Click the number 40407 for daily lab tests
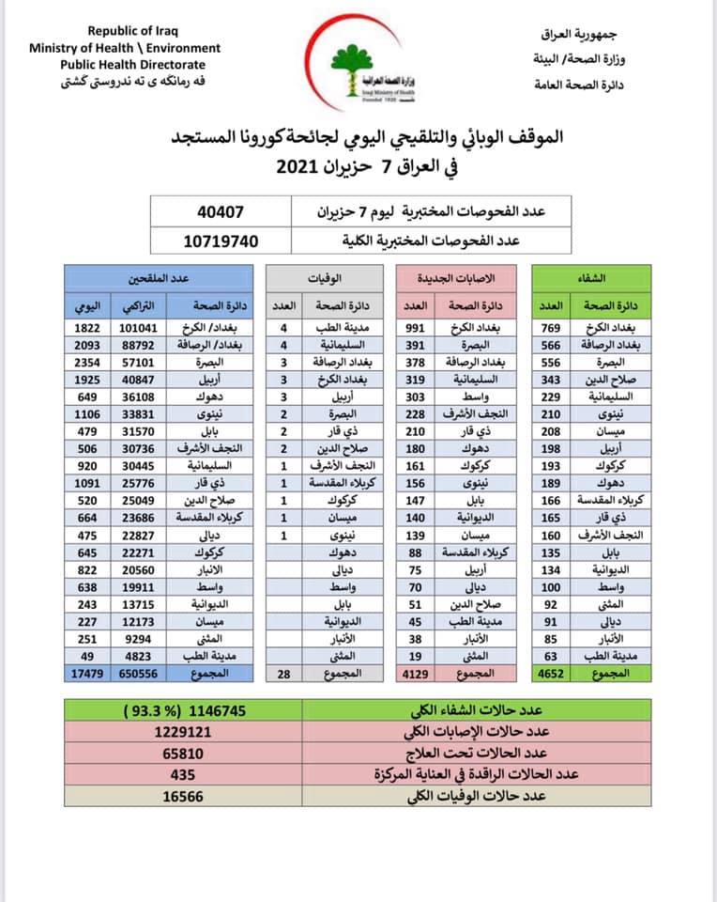coord(221,211)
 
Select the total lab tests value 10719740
coord(221,241)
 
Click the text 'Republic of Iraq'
coord(126,31)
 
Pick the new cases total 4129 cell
coord(416,673)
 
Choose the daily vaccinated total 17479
coord(89,673)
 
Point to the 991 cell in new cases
coord(416,329)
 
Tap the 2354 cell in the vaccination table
coord(89,363)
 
